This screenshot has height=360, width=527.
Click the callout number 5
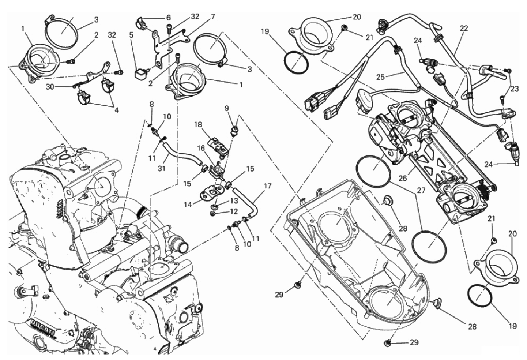point(131,35)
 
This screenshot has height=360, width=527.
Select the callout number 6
point(168,18)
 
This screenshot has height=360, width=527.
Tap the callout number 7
point(212,17)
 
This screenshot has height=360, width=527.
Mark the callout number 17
point(267,186)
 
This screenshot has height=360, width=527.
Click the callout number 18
point(198,124)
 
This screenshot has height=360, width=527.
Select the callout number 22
point(464,28)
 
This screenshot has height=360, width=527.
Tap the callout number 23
point(515,89)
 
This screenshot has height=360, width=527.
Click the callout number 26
point(403,179)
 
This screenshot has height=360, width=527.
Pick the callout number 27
point(421,190)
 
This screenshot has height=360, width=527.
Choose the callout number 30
point(50,87)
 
